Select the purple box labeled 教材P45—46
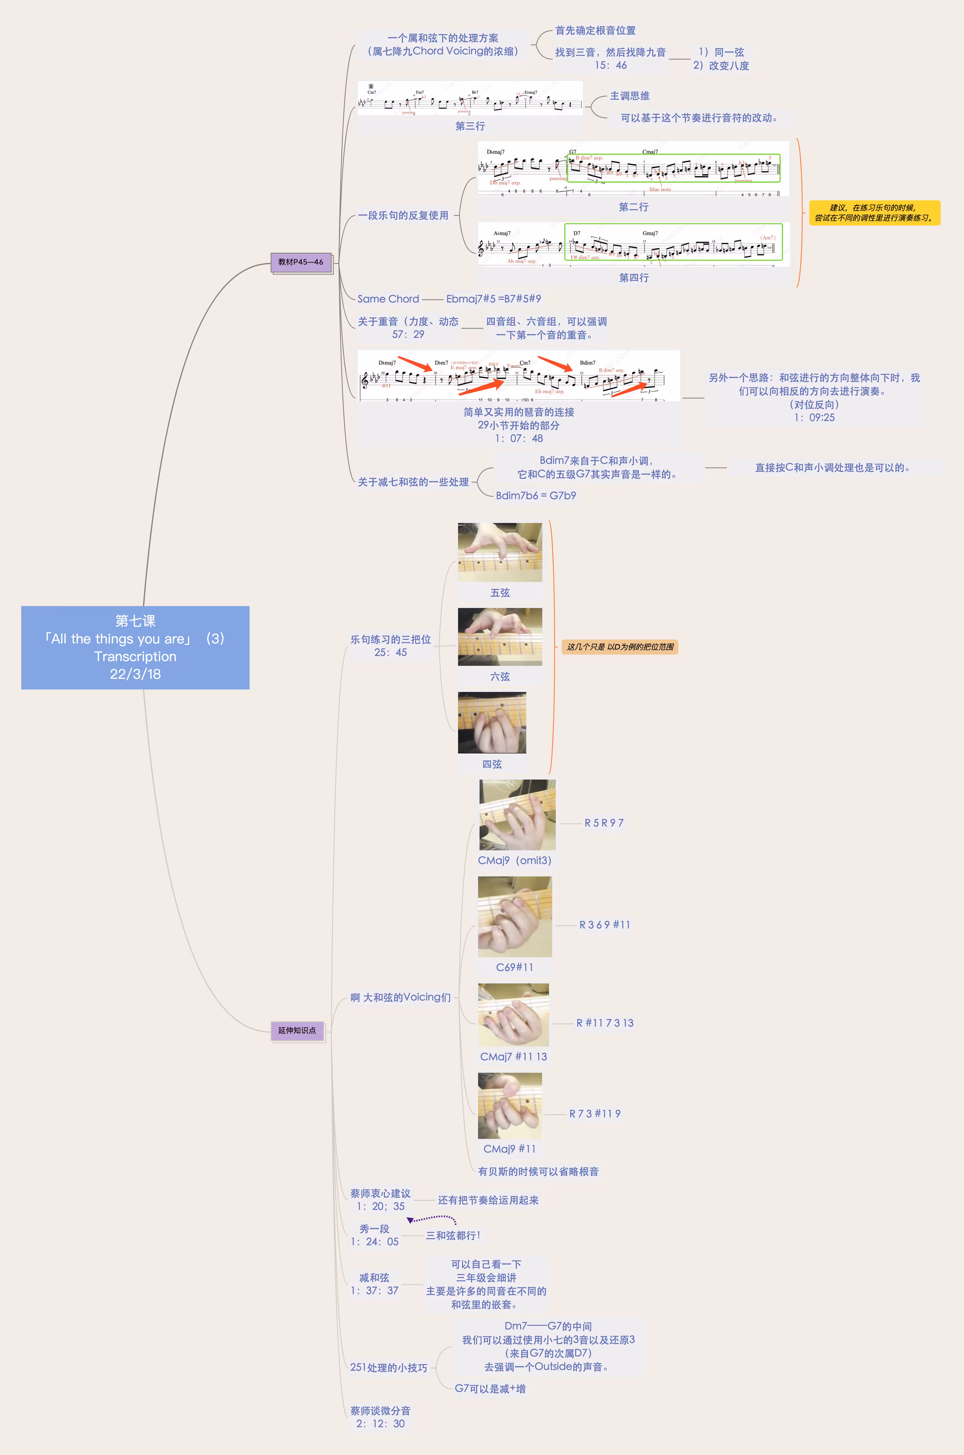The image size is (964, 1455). pyautogui.click(x=301, y=262)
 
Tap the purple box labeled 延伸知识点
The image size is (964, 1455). pyautogui.click(x=297, y=1030)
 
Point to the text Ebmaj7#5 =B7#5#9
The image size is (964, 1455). pyautogui.click(x=494, y=299)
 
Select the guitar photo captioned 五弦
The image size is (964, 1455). pyautogui.click(x=500, y=552)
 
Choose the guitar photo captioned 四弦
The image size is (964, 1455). pyautogui.click(x=492, y=723)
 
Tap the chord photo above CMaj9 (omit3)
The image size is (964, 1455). pyautogui.click(x=517, y=815)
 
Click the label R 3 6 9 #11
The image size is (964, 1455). pyautogui.click(x=604, y=925)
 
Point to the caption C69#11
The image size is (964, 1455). pyautogui.click(x=515, y=967)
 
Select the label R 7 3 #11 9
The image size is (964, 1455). pyautogui.click(x=594, y=1114)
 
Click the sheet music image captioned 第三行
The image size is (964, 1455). pyautogui.click(x=470, y=98)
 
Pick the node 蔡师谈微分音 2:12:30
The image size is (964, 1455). pyautogui.click(x=380, y=1417)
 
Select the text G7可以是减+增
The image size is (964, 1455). pyautogui.click(x=490, y=1389)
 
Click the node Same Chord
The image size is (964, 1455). pyautogui.click(x=388, y=299)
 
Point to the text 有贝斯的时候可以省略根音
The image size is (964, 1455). pyautogui.click(x=538, y=1171)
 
